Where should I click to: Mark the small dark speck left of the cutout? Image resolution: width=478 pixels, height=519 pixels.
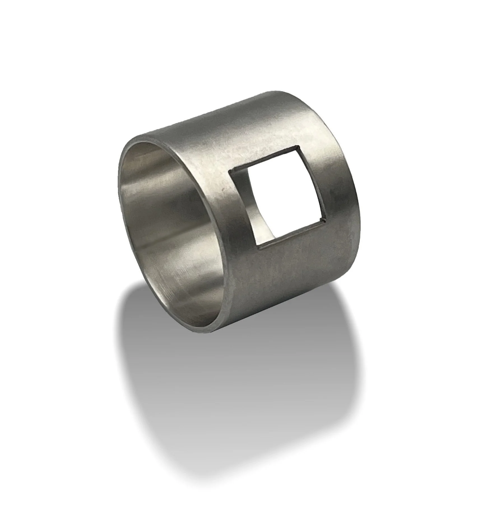click(x=222, y=190)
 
